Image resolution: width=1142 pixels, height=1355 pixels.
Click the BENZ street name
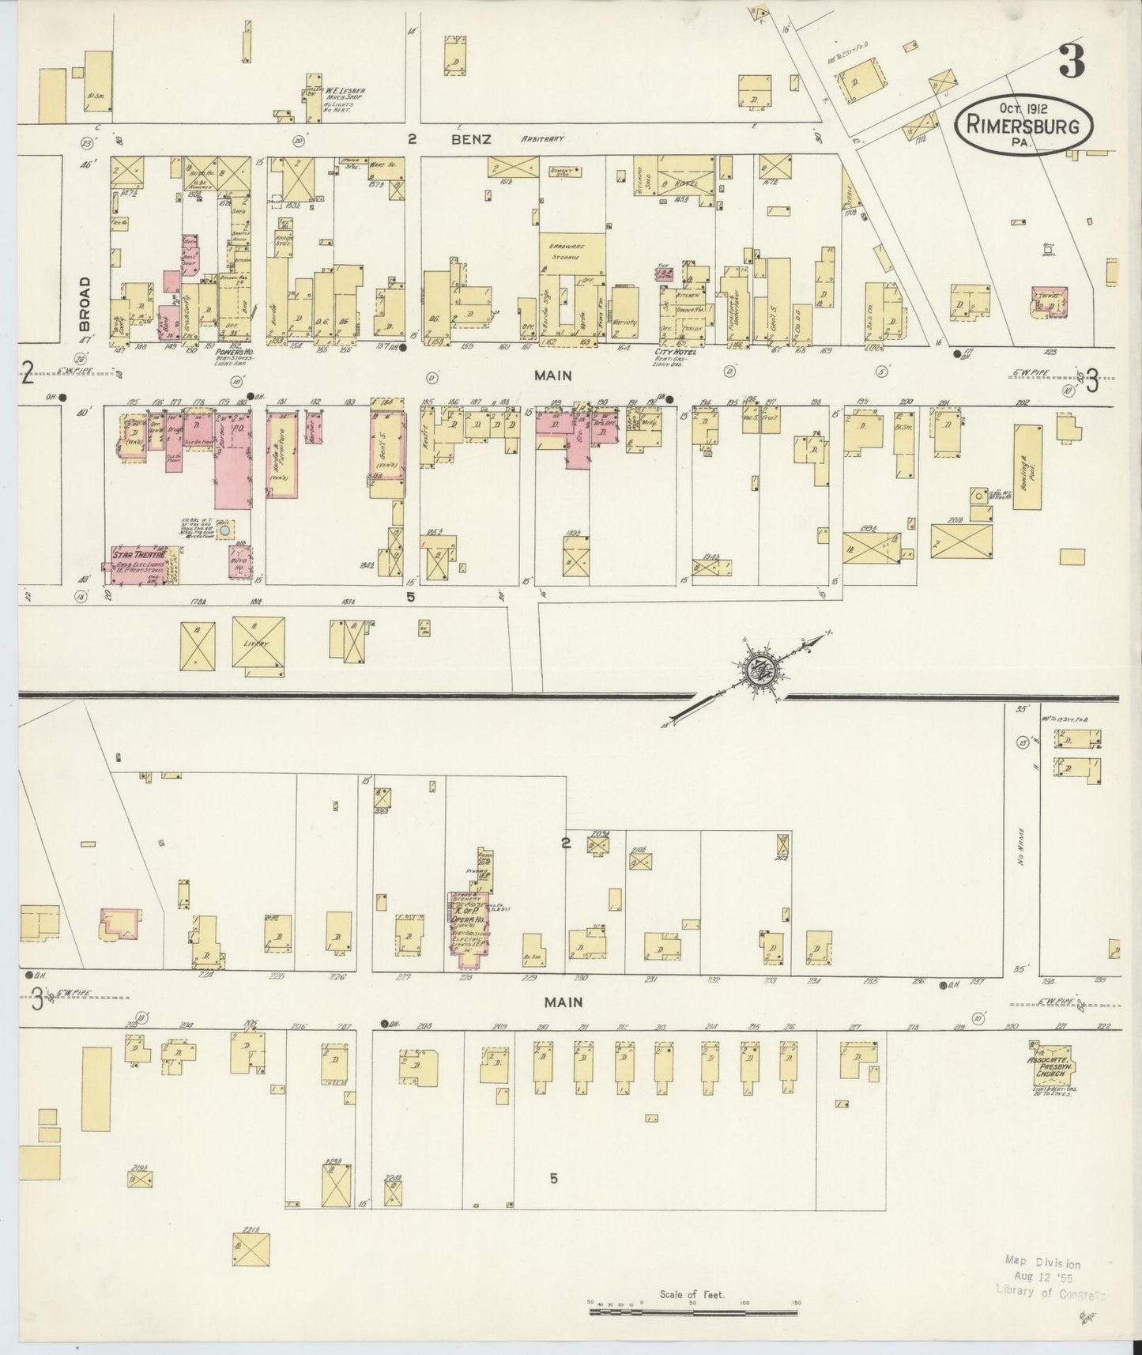[x=473, y=139]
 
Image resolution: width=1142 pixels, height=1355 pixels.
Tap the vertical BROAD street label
[x=85, y=303]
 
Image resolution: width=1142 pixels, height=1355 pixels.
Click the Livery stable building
[x=258, y=644]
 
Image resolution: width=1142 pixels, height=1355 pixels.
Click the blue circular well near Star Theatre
[x=225, y=532]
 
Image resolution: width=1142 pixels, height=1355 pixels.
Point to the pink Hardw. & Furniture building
[x=282, y=454]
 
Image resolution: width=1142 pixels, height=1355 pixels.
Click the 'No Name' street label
[x=1023, y=847]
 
